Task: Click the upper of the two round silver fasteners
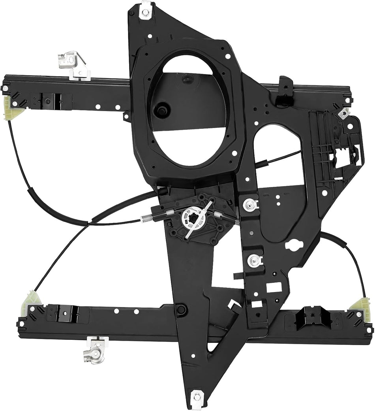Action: point(249,204)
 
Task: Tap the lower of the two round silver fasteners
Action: point(253,260)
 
